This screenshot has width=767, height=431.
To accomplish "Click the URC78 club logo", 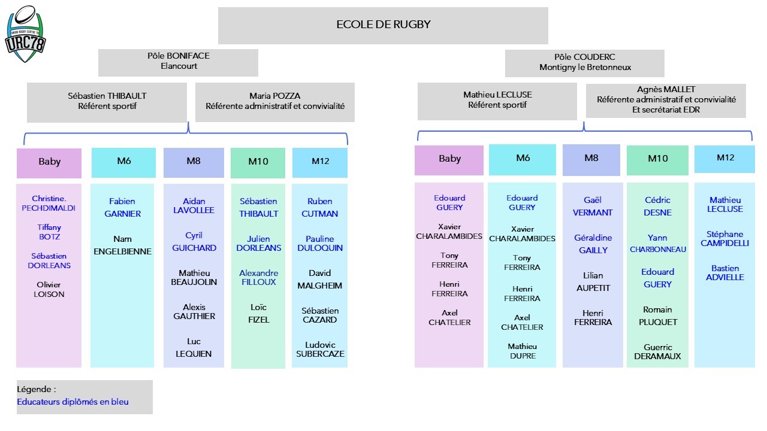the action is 25,34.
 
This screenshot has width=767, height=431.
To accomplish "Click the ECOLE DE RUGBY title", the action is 383,25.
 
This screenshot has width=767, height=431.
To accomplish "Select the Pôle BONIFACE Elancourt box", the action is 178,63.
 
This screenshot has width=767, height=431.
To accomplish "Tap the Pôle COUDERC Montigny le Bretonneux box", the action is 584,63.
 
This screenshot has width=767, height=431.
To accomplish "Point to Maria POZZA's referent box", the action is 275,102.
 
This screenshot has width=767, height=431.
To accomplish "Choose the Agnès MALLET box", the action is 666,101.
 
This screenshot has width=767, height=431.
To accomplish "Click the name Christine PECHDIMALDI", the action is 49,203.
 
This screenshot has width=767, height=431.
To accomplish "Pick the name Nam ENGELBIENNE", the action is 122,245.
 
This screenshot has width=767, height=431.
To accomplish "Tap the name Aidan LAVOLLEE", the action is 194,205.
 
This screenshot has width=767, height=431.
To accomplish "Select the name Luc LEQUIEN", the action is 194,348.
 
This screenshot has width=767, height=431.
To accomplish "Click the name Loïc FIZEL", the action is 258,313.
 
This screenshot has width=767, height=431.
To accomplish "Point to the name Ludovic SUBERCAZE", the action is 320,349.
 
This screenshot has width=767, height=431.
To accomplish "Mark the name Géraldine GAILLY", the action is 593,244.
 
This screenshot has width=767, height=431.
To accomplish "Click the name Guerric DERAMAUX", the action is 657,351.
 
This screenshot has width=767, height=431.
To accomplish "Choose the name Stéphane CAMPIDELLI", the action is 724,239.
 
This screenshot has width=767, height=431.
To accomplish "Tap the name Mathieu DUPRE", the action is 523,351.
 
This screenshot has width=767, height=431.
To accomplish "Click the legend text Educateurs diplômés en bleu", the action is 73,402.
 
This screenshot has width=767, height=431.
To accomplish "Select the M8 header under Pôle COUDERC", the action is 591,160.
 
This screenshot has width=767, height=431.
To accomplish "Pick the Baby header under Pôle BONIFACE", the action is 49,163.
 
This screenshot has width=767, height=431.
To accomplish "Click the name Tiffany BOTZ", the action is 49,232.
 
